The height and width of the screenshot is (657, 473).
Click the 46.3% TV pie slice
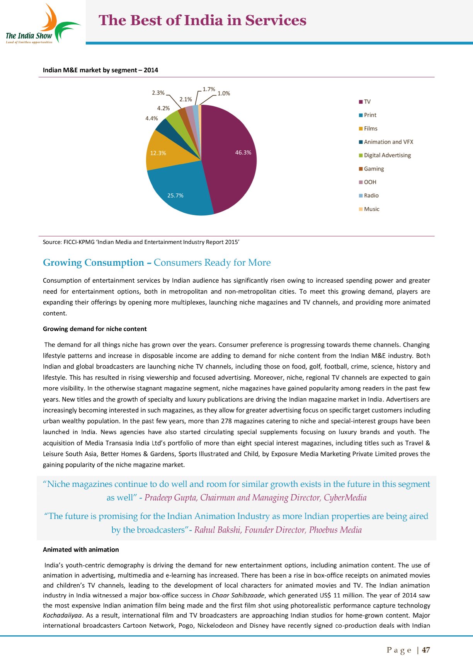coord(232,159)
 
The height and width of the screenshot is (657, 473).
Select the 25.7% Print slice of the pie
coord(178,193)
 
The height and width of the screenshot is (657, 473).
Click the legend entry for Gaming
coord(374,169)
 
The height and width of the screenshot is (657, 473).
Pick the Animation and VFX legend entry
coord(388,142)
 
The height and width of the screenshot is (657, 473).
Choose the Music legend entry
coord(371,209)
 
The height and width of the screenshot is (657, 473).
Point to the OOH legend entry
coord(370,182)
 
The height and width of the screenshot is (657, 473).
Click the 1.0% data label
coord(224,93)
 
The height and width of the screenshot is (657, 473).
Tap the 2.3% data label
coord(158,93)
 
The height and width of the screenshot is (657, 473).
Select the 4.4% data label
coord(151,118)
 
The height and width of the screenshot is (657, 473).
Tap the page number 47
coord(426,650)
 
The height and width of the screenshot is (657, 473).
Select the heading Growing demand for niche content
coord(95,329)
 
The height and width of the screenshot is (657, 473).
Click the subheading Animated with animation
coord(81,549)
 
